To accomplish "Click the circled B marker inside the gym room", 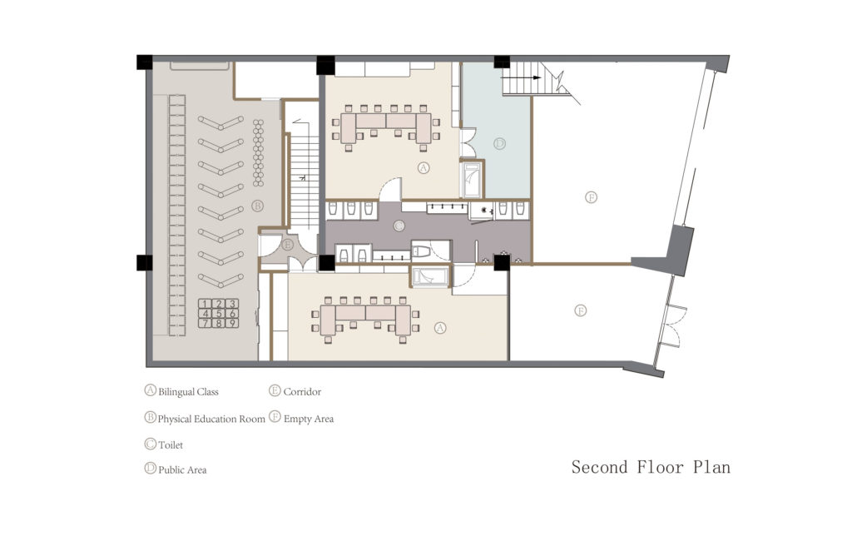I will click(x=257, y=205).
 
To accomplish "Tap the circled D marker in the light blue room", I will click(x=499, y=144).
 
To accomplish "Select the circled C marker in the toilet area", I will click(x=399, y=226).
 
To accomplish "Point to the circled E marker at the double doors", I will click(x=288, y=245).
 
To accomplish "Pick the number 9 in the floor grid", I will click(x=233, y=322).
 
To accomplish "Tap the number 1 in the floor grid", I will click(x=205, y=304).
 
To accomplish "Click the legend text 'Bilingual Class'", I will click(x=188, y=391).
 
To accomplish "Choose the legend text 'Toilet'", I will click(x=170, y=445).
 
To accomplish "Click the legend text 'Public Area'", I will click(x=182, y=470).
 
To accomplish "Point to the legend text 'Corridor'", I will click(x=302, y=391).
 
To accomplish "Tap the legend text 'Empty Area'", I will click(x=309, y=419).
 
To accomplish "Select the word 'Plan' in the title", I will click(x=712, y=467).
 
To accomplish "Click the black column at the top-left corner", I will click(x=145, y=62).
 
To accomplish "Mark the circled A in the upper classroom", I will click(x=423, y=167).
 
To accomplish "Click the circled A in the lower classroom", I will click(x=441, y=328).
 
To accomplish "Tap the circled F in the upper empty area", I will click(x=591, y=197).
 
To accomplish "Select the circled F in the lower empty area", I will click(x=581, y=310).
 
